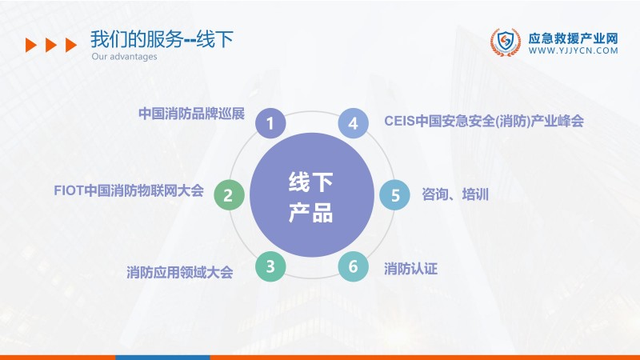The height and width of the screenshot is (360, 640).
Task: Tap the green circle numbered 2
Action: tap(228, 194)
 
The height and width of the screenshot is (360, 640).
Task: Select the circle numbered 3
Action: tap(270, 266)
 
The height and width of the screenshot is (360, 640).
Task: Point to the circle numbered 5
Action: tap(394, 194)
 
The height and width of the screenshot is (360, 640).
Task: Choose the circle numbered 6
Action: tap(353, 266)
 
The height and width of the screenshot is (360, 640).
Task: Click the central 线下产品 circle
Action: tap(311, 194)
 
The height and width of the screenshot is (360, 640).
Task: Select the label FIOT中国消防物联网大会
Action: tap(129, 191)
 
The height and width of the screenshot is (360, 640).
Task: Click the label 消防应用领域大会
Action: tap(179, 272)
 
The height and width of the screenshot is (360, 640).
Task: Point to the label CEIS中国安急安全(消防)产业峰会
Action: tap(484, 122)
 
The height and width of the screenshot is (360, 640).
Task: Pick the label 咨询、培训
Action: tap(454, 194)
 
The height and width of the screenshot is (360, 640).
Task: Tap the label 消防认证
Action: tap(410, 268)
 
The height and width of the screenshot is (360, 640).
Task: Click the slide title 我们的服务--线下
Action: tap(162, 39)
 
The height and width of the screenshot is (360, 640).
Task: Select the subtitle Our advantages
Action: tap(124, 57)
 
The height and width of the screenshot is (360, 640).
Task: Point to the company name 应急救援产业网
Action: tap(574, 37)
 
